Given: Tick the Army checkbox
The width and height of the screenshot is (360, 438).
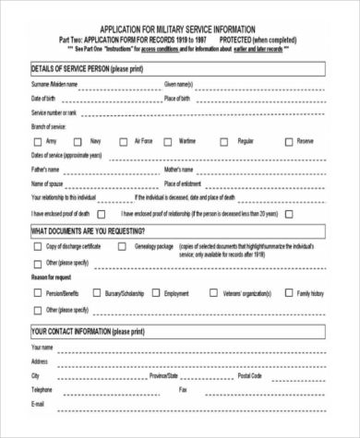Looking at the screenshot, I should coord(37,141).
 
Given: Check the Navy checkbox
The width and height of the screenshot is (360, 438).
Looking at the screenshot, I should coord(82,141).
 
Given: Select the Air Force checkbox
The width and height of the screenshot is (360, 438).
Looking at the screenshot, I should coord(126,141).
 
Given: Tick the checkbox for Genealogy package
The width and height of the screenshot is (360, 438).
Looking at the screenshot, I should coord(126,248).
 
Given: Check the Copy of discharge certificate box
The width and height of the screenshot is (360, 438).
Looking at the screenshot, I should coord(37,248).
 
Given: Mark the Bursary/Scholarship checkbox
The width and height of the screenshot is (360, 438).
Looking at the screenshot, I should coord(96,292).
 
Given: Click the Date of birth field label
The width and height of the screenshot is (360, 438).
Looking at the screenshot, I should coord(44,98).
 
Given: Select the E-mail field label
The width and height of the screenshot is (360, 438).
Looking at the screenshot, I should coord(39,404).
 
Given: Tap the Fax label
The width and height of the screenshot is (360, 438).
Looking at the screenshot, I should coord(182,390).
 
